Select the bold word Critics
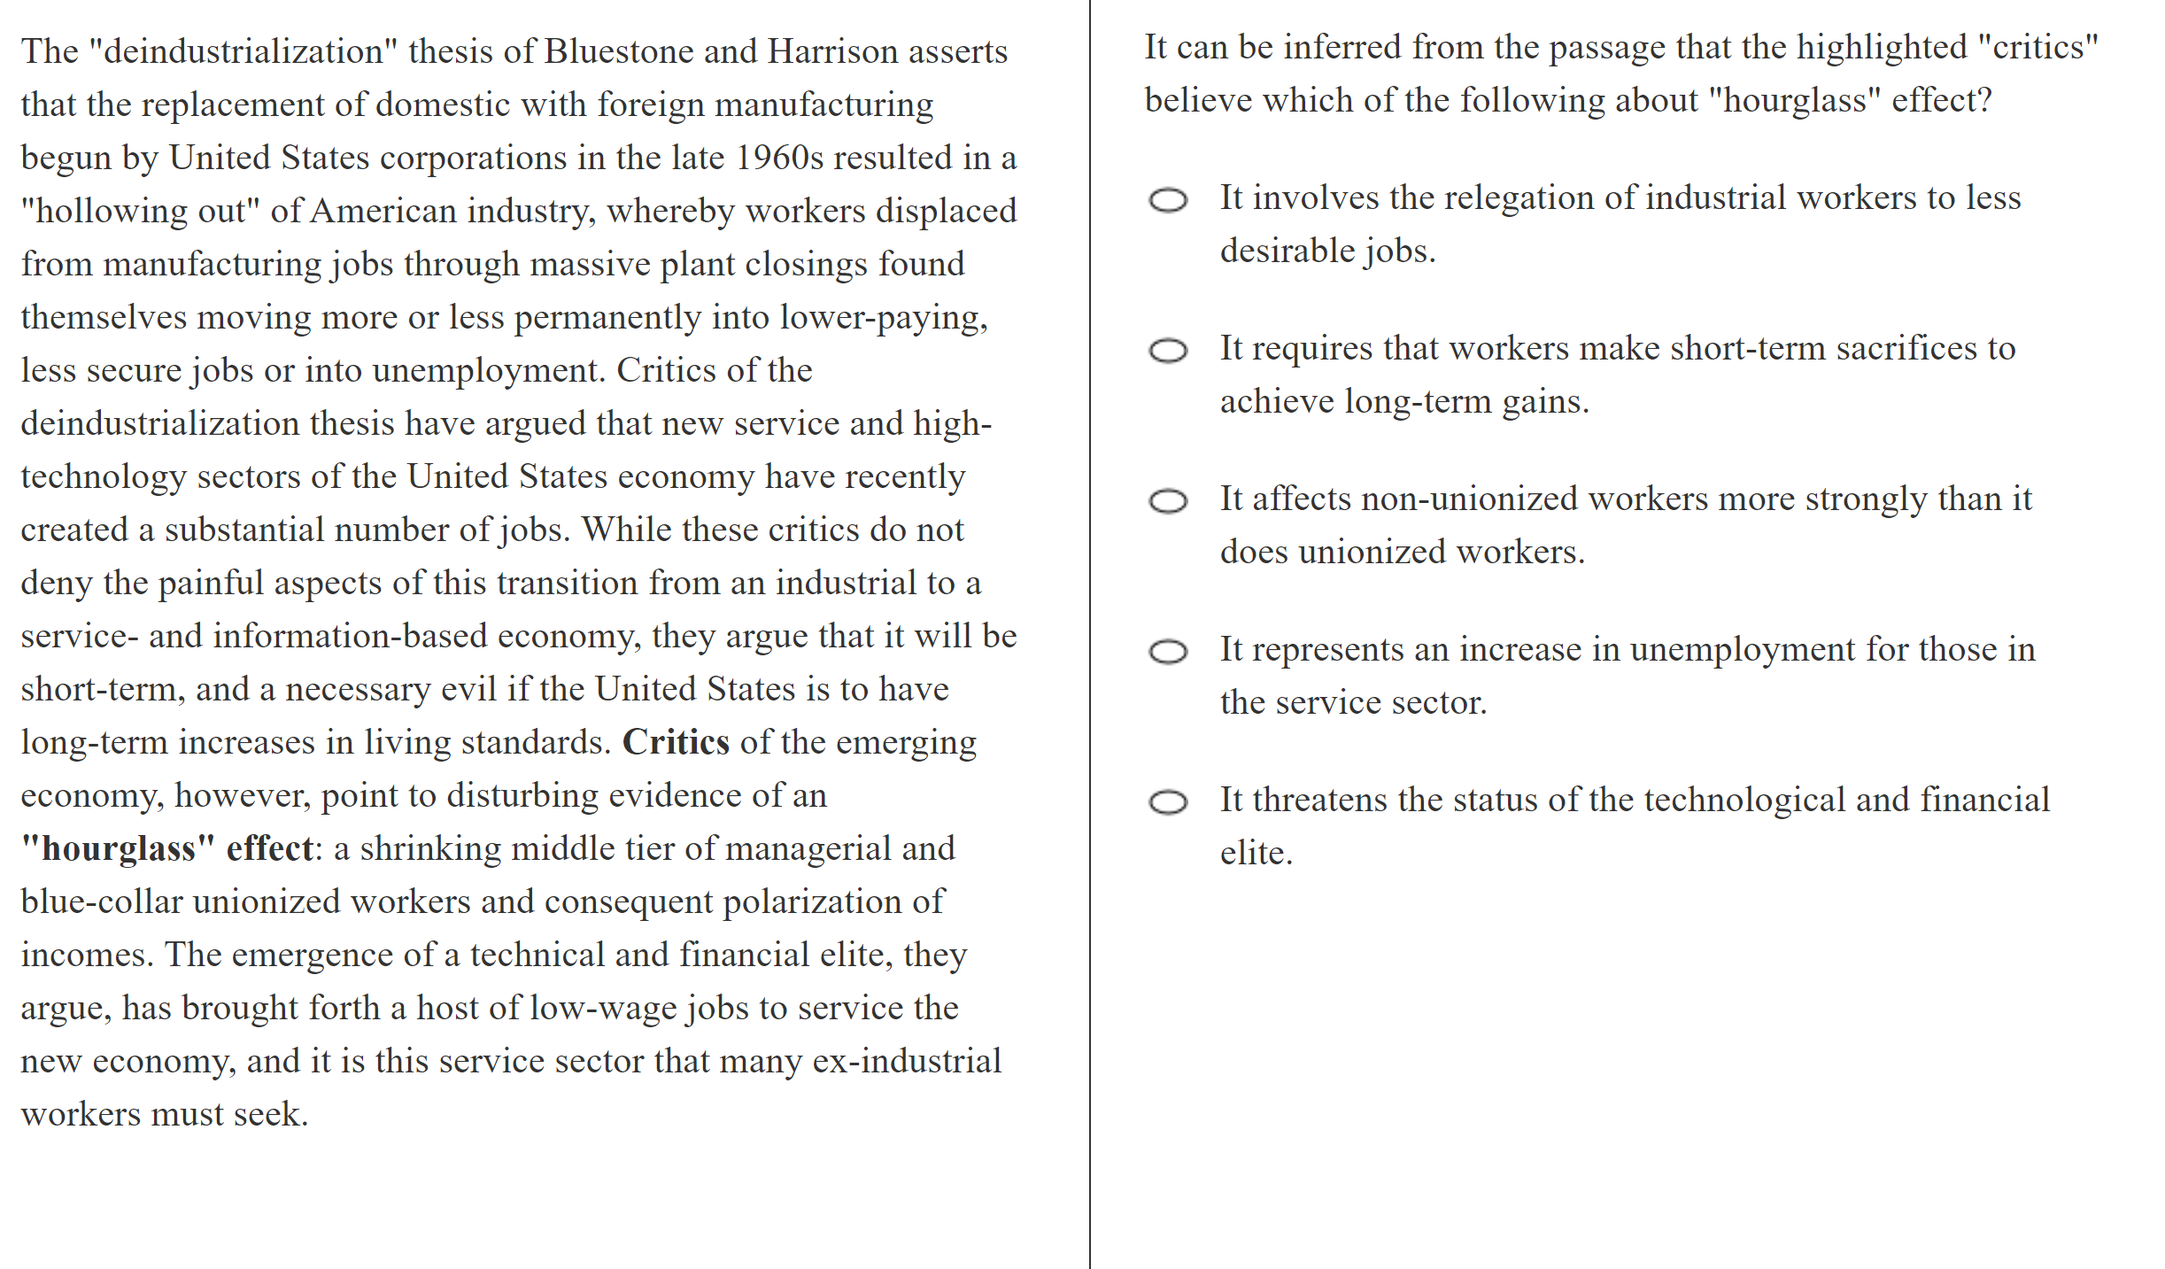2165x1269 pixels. pos(676,742)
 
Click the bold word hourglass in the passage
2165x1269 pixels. pos(119,848)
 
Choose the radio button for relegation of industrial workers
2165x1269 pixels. pos(1168,200)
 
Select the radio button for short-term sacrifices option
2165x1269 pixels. pos(1168,351)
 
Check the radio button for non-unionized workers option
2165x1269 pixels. pos(1168,501)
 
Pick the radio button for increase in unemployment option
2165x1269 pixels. pos(1168,652)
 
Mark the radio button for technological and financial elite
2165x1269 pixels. pos(1168,802)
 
